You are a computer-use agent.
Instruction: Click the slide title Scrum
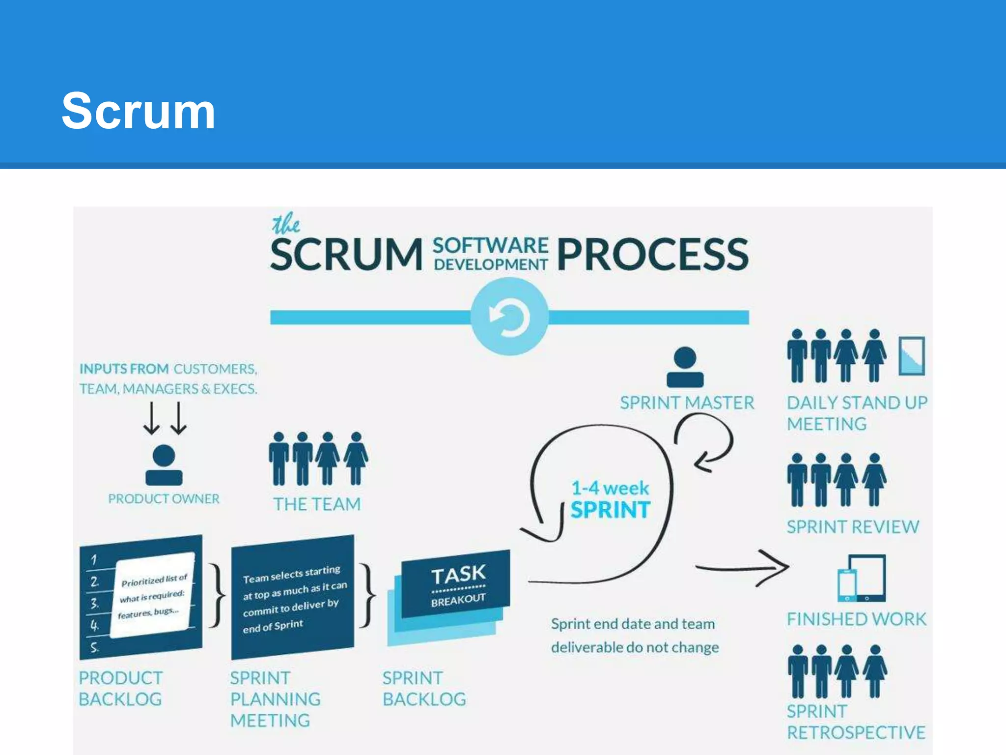tap(139, 112)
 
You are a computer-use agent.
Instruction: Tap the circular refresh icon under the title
tap(509, 317)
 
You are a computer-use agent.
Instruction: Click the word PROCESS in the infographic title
tap(653, 254)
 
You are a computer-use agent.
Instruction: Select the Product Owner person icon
tap(164, 465)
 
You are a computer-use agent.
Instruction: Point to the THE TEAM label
tap(317, 504)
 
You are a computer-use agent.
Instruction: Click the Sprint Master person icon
tap(685, 367)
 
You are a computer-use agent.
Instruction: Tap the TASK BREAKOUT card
tap(456, 585)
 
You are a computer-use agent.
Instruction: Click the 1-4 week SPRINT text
tap(610, 500)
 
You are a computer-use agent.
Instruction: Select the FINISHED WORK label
tap(856, 619)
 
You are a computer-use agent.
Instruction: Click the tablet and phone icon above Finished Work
tap(862, 579)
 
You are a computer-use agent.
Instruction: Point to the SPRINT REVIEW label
tap(852, 527)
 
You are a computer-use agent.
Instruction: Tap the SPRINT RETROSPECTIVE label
tap(856, 722)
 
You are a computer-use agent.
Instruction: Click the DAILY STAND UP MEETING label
tap(856, 413)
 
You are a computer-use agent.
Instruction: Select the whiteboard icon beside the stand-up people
tap(912, 356)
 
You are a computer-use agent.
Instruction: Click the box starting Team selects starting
tap(293, 598)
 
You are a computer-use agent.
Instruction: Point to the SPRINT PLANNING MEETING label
tap(275, 699)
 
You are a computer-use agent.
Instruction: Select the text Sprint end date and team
tap(633, 624)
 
